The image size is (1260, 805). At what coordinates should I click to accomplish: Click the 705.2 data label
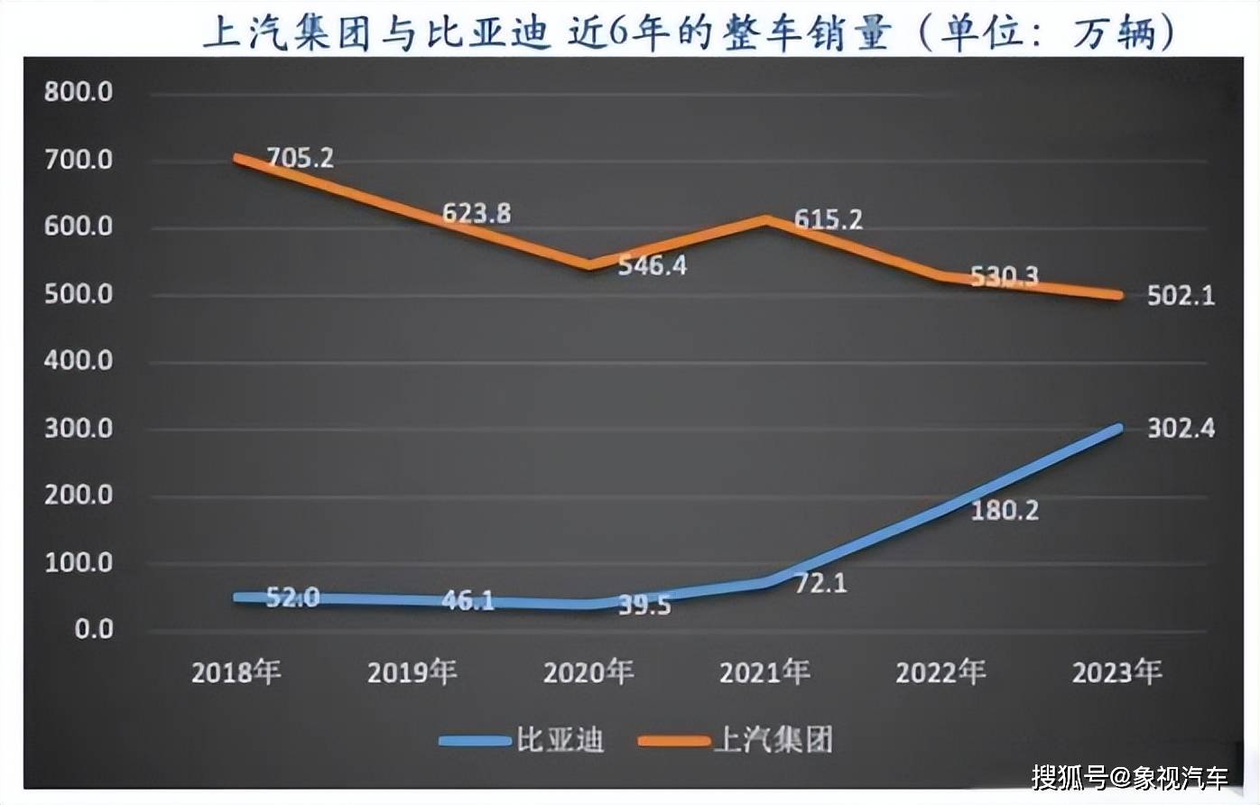[x=300, y=159]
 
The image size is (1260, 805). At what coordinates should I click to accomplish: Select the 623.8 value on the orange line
[x=476, y=213]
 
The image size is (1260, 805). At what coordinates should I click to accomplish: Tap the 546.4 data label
[x=652, y=265]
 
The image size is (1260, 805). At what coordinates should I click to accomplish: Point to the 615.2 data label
[x=828, y=219]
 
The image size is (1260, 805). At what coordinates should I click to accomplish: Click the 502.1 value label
[x=1181, y=295]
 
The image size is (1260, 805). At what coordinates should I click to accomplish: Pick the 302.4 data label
[x=1181, y=428]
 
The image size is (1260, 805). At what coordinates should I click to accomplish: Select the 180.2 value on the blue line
[x=1005, y=511]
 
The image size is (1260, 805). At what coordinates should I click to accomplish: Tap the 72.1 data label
[x=820, y=584]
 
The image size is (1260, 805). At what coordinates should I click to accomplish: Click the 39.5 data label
[x=644, y=606]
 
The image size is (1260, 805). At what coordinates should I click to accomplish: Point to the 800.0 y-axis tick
[x=79, y=92]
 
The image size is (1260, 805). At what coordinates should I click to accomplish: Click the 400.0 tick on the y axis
[x=79, y=361]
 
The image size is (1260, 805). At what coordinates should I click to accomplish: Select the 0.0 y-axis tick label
[x=93, y=629]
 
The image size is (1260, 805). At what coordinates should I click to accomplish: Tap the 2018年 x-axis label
[x=236, y=672]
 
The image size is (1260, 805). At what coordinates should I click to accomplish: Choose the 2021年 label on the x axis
[x=764, y=672]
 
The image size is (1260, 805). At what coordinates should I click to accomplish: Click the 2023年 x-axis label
[x=1116, y=672]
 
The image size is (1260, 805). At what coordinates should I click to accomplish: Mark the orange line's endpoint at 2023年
[x=1119, y=295]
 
